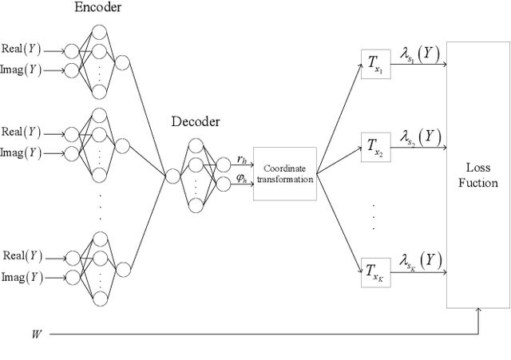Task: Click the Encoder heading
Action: pyautogui.click(x=98, y=8)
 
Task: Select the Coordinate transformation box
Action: pyautogui.click(x=285, y=173)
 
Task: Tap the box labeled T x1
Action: pyautogui.click(x=374, y=62)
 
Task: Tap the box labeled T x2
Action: pyautogui.click(x=374, y=148)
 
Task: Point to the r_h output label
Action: pyautogui.click(x=242, y=160)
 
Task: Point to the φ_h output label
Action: pyautogui.click(x=242, y=181)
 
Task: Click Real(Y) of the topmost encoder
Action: pyautogui.click(x=22, y=47)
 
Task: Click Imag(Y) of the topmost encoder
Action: pyautogui.click(x=22, y=69)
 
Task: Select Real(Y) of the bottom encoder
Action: pyautogui.click(x=22, y=256)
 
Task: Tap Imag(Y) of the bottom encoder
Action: pyautogui.click(x=22, y=277)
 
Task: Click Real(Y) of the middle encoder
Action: pyautogui.click(x=22, y=132)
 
